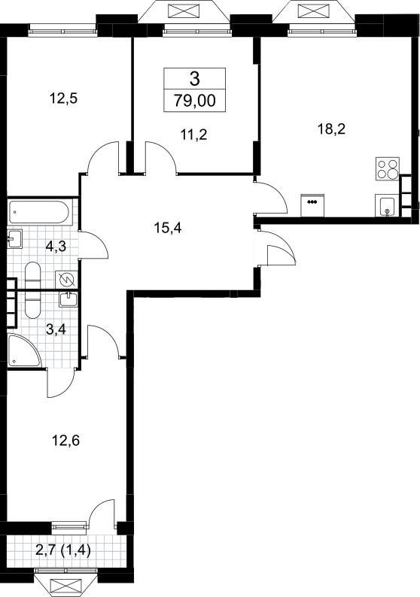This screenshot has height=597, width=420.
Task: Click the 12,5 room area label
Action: pos(64,98)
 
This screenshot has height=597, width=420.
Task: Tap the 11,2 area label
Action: pos(194,135)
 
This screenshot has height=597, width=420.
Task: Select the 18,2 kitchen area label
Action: pos(331,129)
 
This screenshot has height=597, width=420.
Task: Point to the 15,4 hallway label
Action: pos(168,228)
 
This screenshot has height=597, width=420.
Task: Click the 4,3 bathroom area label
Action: pos(56,247)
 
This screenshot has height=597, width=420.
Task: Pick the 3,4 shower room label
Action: pos(56,329)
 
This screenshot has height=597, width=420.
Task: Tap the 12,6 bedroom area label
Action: pos(65,441)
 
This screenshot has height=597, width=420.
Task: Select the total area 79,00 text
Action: pos(195,101)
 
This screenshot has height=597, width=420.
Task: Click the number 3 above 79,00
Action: pos(195,79)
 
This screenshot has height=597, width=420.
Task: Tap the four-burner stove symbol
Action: pos(388,168)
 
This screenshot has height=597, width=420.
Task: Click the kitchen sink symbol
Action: pos(387,205)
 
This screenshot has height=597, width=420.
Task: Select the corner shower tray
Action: pos(23,351)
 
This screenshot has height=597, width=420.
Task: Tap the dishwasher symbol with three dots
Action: pos(312,205)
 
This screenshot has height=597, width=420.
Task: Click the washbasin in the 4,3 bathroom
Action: pos(14,238)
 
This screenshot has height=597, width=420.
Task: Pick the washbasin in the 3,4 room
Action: pos(68,299)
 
